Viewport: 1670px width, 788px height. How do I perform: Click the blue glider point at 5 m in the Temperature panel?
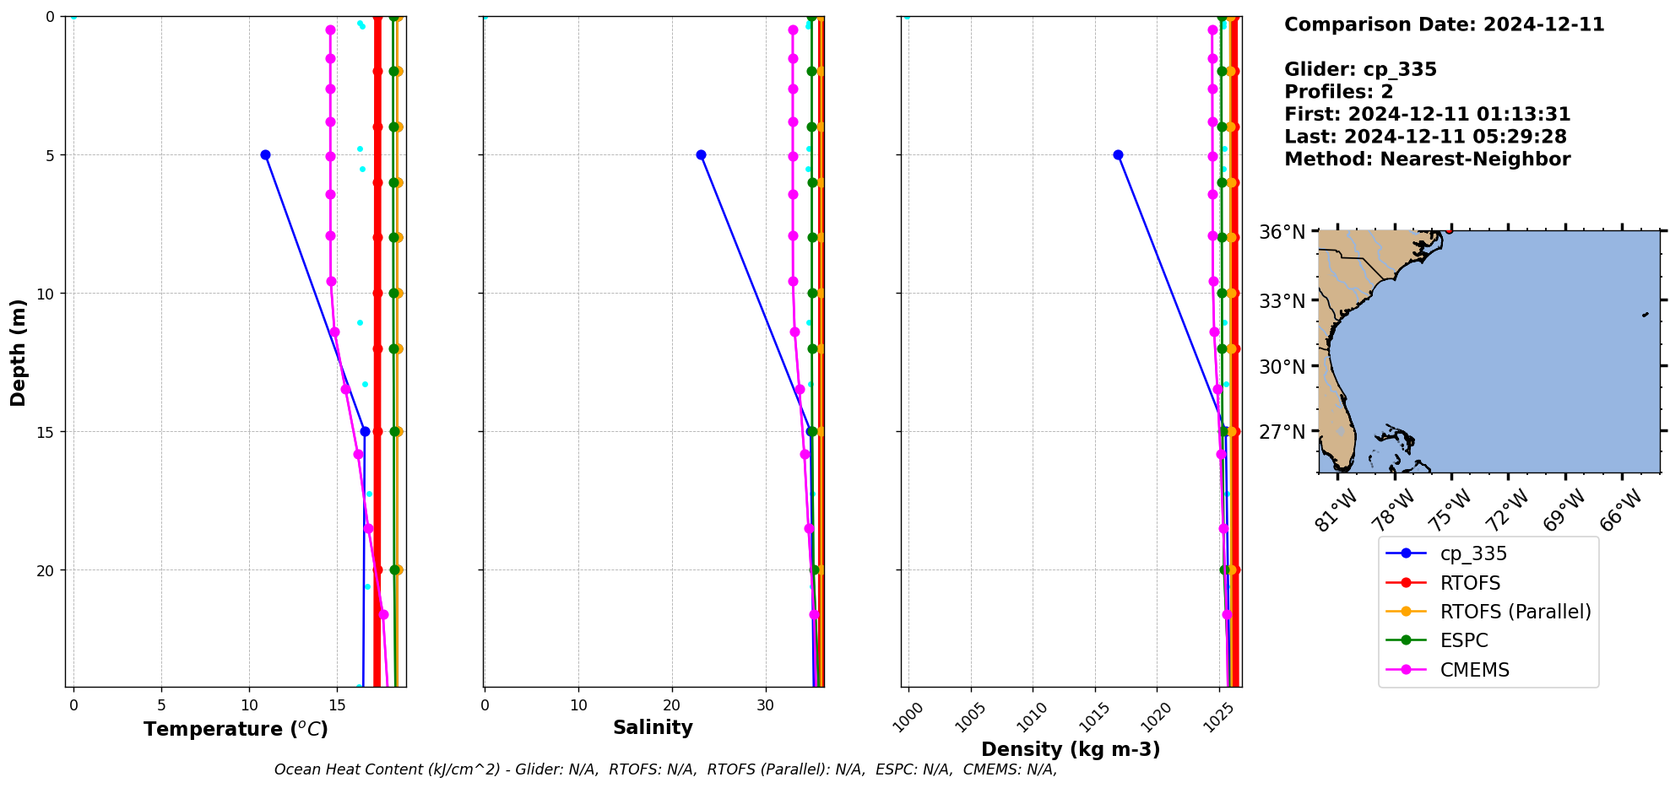coord(265,154)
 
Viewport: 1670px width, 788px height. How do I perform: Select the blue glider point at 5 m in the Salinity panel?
coord(701,154)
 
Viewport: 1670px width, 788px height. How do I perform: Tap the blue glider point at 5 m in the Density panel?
coord(1118,154)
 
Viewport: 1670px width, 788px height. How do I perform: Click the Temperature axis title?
coord(236,729)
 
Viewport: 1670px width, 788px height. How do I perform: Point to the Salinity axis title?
coord(653,727)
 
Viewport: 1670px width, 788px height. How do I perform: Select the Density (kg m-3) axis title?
coord(1071,749)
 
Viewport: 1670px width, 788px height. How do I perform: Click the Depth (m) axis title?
coord(19,352)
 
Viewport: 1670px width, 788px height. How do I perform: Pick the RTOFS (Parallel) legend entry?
coord(1515,612)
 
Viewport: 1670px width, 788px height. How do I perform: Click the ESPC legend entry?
coord(1464,640)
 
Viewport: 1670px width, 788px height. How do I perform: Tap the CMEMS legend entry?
coord(1474,670)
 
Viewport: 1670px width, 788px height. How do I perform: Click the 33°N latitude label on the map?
coord(1282,301)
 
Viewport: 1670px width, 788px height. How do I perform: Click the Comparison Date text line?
coord(1444,24)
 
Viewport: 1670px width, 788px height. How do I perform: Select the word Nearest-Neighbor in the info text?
coord(1475,159)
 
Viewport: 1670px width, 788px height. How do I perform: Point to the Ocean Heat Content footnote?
coord(665,769)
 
